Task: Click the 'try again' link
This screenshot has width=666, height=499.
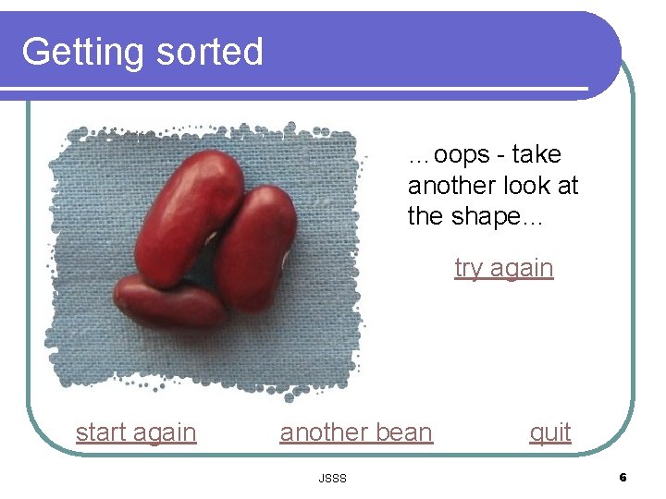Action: [503, 268]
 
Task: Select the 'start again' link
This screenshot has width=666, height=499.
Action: [136, 432]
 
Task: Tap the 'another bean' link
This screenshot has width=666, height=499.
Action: [356, 432]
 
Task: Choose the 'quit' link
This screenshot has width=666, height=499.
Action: [550, 432]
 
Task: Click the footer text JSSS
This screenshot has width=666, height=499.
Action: [332, 478]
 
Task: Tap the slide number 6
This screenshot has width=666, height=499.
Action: [623, 478]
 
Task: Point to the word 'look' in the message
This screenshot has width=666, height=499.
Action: [529, 186]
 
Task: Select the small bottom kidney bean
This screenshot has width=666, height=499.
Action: [170, 301]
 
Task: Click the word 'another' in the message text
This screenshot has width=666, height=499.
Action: [451, 186]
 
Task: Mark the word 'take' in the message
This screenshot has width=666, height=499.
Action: [536, 155]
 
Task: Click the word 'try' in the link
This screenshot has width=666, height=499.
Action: [469, 268]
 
